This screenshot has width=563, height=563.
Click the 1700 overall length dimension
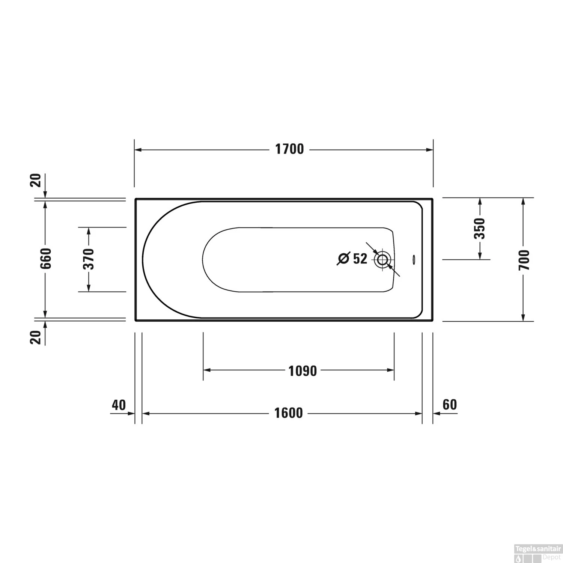[289, 149]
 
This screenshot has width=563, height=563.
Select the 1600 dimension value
[288, 413]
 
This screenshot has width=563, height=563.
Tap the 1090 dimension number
[303, 371]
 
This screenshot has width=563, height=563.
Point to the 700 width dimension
[524, 259]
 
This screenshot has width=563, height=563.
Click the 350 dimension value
[480, 228]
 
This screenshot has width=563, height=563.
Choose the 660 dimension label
[46, 258]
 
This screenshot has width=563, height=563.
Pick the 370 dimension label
[89, 259]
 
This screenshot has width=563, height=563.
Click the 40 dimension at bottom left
[119, 405]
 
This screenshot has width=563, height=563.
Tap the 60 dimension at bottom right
[450, 405]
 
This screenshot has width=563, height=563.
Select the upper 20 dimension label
[36, 181]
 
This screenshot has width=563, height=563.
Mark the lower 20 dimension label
[36, 337]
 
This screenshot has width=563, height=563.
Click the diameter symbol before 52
[343, 259]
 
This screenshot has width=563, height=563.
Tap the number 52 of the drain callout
[360, 259]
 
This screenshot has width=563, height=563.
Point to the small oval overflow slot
[414, 259]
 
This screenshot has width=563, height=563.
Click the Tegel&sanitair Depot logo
[537, 552]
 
